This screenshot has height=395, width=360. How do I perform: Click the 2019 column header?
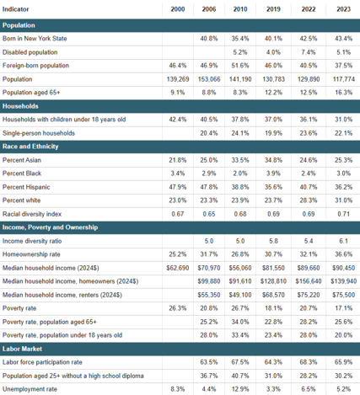point(273,9)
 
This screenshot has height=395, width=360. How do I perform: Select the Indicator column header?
point(16,9)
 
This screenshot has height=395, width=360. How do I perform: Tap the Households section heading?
point(20,106)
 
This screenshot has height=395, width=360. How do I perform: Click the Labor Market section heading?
point(22,349)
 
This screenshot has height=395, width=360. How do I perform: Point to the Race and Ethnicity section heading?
point(30,147)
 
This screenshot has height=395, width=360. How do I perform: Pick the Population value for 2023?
point(344,79)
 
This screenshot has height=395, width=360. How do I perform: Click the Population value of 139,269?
point(178,79)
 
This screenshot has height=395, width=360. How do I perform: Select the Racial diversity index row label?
point(32,214)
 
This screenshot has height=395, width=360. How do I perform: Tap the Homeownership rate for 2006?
point(209,254)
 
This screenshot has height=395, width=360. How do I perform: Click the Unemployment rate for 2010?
point(240,389)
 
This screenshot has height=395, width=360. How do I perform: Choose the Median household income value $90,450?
point(344,268)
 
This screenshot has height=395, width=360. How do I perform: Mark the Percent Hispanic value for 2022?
point(309,187)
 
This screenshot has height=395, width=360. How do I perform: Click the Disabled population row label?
point(30,52)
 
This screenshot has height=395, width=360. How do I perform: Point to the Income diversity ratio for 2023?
point(344,241)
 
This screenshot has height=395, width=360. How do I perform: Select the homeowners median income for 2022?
point(309,281)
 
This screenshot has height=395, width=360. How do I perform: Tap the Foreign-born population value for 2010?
point(240,66)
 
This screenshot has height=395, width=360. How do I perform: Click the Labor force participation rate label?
point(42,362)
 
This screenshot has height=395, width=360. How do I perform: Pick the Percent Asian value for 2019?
point(273,160)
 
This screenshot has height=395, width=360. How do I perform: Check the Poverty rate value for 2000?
point(178,308)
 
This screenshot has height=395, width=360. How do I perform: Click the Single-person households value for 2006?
point(209,133)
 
